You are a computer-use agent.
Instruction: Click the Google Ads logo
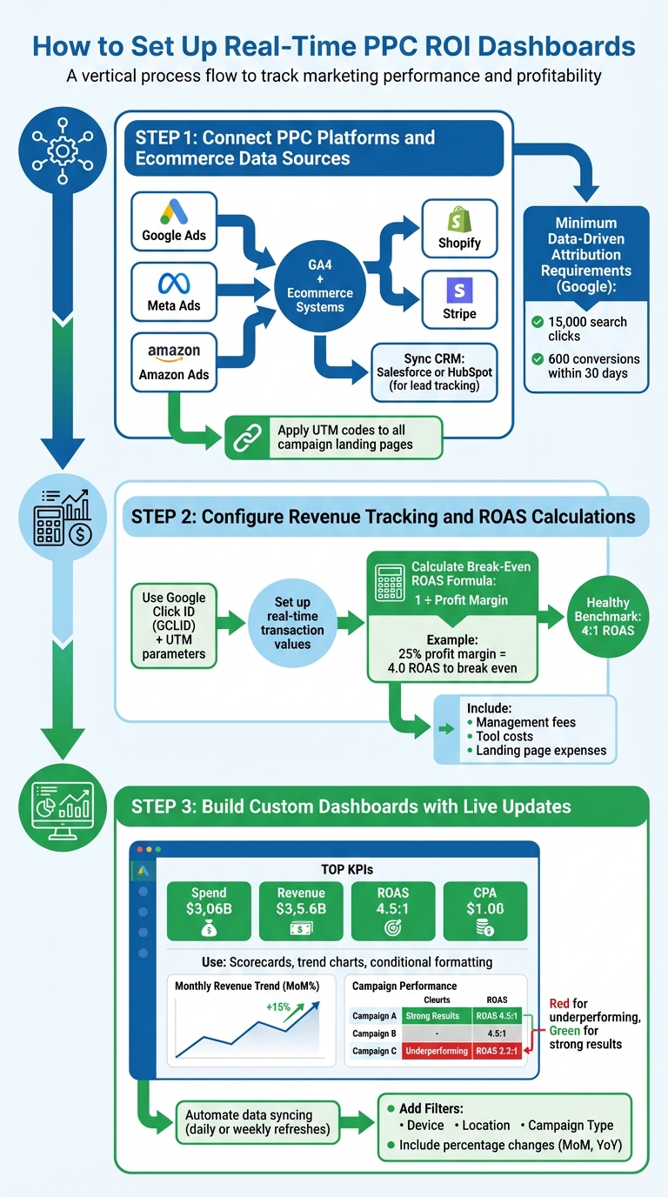174,211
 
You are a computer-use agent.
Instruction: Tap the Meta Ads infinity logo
174,284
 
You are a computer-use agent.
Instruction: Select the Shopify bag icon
459,218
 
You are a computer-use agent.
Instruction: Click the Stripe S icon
459,289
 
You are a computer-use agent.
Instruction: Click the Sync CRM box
435,371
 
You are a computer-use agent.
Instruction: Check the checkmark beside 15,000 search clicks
538,322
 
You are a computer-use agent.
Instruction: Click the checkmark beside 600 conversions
538,359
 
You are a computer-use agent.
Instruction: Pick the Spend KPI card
209,911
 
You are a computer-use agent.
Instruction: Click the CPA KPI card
485,911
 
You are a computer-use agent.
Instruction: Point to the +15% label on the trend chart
278,1007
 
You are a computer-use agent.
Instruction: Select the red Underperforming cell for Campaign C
437,1051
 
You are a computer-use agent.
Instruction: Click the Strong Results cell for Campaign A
437,1015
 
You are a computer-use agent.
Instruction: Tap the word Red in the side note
560,1003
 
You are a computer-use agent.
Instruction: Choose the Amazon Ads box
174,360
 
